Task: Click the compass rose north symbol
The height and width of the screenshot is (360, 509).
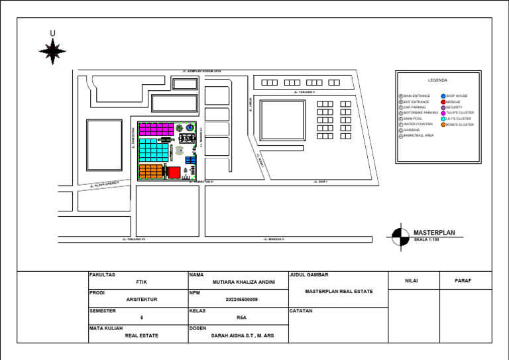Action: click(52, 50)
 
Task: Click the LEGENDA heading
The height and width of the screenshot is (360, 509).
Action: click(437, 80)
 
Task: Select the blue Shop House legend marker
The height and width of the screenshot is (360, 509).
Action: click(443, 96)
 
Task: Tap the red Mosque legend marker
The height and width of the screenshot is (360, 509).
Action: click(443, 102)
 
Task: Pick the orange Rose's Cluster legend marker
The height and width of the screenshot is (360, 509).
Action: click(443, 125)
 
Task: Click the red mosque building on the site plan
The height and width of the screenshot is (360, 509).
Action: click(174, 172)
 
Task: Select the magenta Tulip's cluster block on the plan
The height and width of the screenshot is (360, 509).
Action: click(156, 129)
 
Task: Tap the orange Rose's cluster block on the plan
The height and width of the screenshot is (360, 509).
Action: click(150, 172)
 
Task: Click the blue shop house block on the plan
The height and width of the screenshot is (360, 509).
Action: click(191, 160)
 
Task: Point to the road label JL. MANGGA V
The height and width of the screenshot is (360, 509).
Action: click(274, 239)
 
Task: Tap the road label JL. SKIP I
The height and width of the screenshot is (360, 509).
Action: click(321, 181)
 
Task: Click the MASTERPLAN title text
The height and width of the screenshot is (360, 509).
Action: click(434, 233)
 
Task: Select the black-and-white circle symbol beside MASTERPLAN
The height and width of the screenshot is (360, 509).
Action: click(400, 237)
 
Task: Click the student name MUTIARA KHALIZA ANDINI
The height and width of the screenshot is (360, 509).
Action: click(238, 282)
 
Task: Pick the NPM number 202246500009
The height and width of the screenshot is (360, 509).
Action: click(238, 300)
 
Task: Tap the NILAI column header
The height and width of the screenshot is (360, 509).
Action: click(414, 281)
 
